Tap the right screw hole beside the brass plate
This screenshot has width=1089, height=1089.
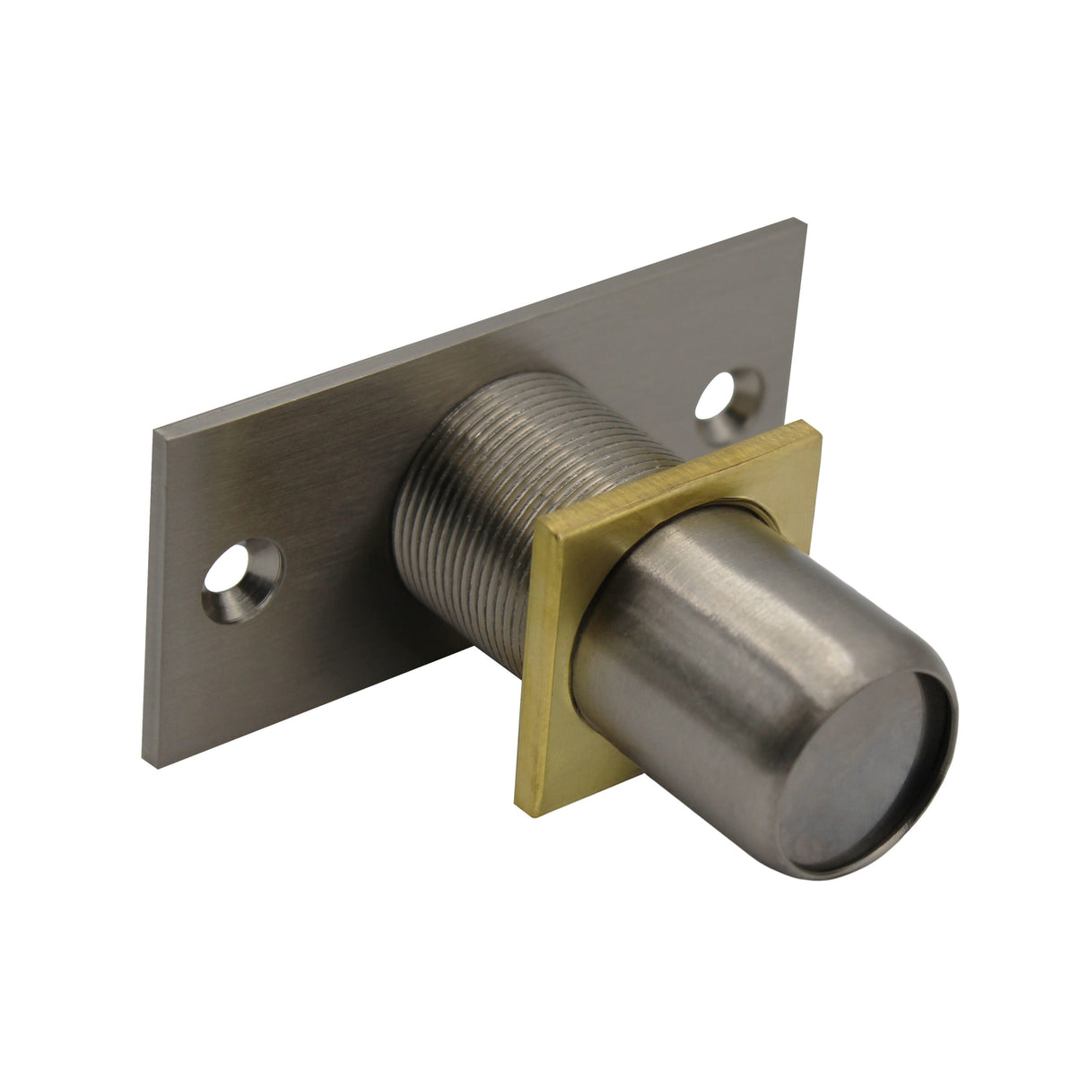pos(725,402)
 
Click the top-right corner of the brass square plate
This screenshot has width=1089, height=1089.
pos(818,431)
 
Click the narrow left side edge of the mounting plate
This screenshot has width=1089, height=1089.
pos(151,601)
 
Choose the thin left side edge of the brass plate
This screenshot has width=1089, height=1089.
pos(529,673)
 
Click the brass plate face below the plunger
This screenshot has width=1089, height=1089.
pos(574,762)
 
